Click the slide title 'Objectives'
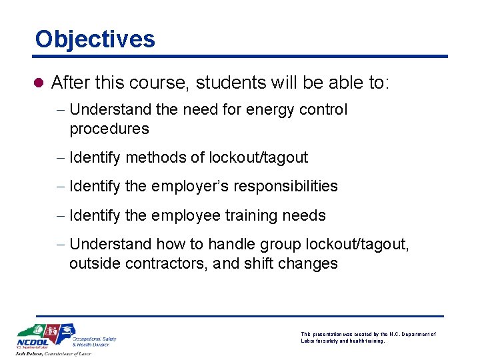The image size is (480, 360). tap(95, 39)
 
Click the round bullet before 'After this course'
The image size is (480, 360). tap(38, 83)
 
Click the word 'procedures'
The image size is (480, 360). tap(109, 129)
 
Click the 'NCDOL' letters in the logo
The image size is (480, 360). tap(32, 344)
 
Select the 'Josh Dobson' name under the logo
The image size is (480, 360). tap(33, 353)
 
